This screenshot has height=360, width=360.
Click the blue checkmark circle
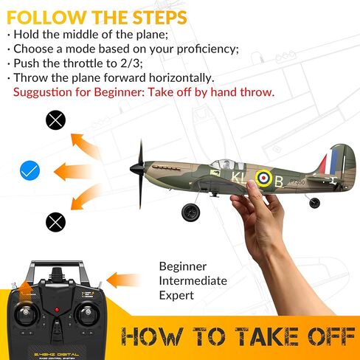(x=30, y=171)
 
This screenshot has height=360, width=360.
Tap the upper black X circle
(x=55, y=120)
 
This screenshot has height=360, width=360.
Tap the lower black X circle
(x=55, y=221)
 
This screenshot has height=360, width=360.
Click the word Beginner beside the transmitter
(x=183, y=266)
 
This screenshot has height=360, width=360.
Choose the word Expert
(x=177, y=295)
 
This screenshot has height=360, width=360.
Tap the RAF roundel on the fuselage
(x=263, y=177)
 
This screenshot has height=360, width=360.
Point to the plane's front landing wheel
(x=190, y=212)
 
